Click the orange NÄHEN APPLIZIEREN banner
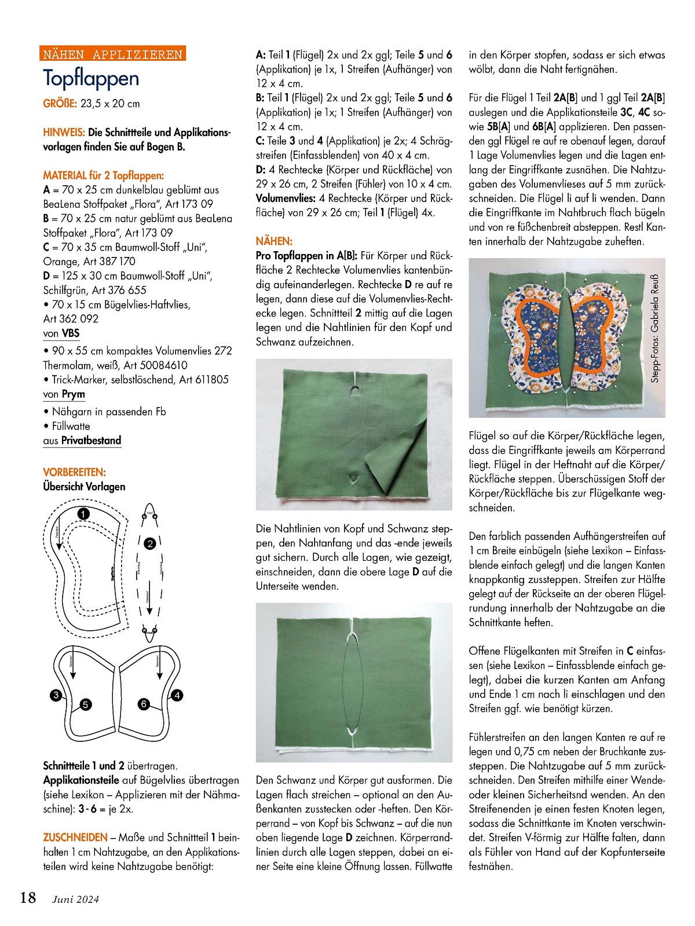[x=114, y=54]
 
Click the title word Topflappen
[x=91, y=78]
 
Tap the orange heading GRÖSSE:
[x=60, y=104]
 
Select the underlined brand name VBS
[x=71, y=333]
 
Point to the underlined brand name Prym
[x=74, y=394]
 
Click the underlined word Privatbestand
[x=91, y=440]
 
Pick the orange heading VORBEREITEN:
[x=74, y=472]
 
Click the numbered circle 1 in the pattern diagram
[x=83, y=514]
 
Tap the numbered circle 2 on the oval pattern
[x=150, y=543]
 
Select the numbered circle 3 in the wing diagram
[x=56, y=695]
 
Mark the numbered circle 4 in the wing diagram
[x=177, y=695]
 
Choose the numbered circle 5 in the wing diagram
[x=86, y=704]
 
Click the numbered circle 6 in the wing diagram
[x=144, y=704]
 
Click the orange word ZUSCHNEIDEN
[x=75, y=837]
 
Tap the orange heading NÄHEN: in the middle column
[x=274, y=241]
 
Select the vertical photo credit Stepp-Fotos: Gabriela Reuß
[x=655, y=328]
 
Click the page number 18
[x=28, y=898]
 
